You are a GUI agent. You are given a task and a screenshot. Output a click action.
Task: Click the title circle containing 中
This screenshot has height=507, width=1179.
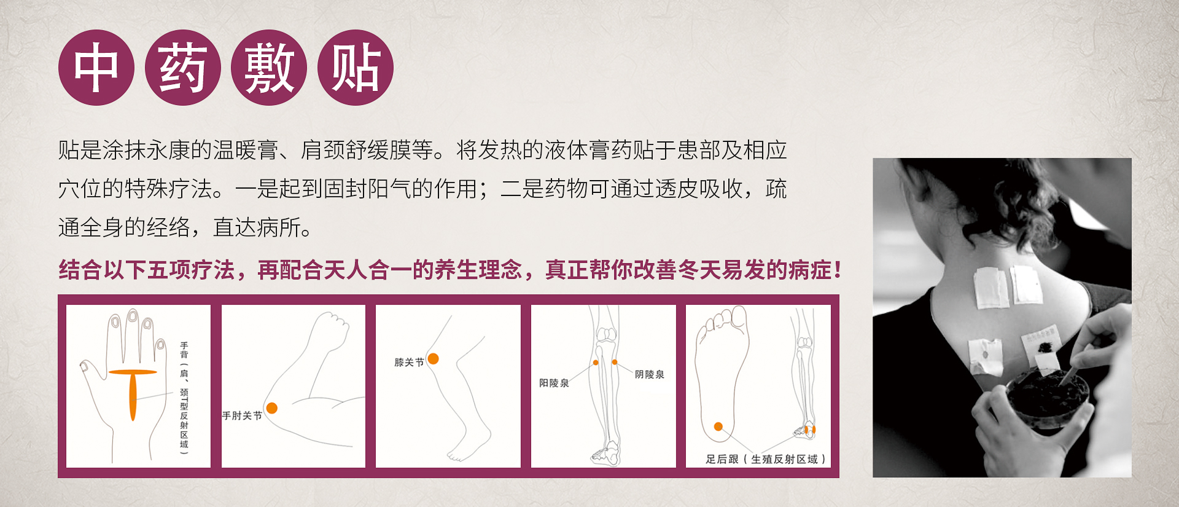pyautogui.click(x=96, y=68)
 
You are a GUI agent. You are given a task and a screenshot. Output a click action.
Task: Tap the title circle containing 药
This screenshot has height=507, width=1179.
pyautogui.click(x=183, y=68)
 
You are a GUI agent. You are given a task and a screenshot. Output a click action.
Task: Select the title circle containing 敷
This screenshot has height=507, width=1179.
pyautogui.click(x=269, y=68)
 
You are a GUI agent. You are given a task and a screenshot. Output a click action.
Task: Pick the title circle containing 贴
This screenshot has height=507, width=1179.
pyautogui.click(x=356, y=68)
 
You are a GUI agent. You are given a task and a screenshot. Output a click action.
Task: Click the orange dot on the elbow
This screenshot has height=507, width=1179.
pyautogui.click(x=272, y=408)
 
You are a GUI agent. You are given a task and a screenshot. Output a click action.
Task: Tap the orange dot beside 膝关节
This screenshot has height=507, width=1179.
pyautogui.click(x=434, y=358)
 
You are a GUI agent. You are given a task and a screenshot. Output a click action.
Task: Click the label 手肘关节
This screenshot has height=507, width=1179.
pyautogui.click(x=242, y=416)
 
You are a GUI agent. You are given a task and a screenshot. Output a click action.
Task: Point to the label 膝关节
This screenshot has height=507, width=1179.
pyautogui.click(x=409, y=363)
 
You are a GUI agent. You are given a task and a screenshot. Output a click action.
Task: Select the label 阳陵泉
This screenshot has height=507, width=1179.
pyautogui.click(x=554, y=383)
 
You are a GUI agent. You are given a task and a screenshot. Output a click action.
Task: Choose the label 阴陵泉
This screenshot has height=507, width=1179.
pyautogui.click(x=650, y=374)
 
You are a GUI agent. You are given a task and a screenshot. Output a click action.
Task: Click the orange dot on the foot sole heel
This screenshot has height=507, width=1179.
pyautogui.click(x=718, y=426)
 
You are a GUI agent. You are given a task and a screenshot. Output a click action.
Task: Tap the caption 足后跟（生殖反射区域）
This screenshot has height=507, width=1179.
pyautogui.click(x=765, y=459)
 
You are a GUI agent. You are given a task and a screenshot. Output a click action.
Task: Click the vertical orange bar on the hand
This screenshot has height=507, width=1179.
pyautogui.click(x=133, y=397)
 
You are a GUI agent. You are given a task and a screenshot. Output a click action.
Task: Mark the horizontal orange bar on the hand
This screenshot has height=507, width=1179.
pyautogui.click(x=133, y=372)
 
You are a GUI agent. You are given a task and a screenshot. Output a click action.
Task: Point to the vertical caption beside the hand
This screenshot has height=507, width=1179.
pyautogui.click(x=184, y=398)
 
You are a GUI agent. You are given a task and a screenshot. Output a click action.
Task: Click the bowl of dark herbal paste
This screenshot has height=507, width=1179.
pyautogui.click(x=1046, y=398)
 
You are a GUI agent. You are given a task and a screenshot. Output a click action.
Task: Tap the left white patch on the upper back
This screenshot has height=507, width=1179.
pyautogui.click(x=992, y=288)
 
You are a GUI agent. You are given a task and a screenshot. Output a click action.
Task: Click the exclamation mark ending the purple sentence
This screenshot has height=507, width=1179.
pyautogui.click(x=838, y=270)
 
